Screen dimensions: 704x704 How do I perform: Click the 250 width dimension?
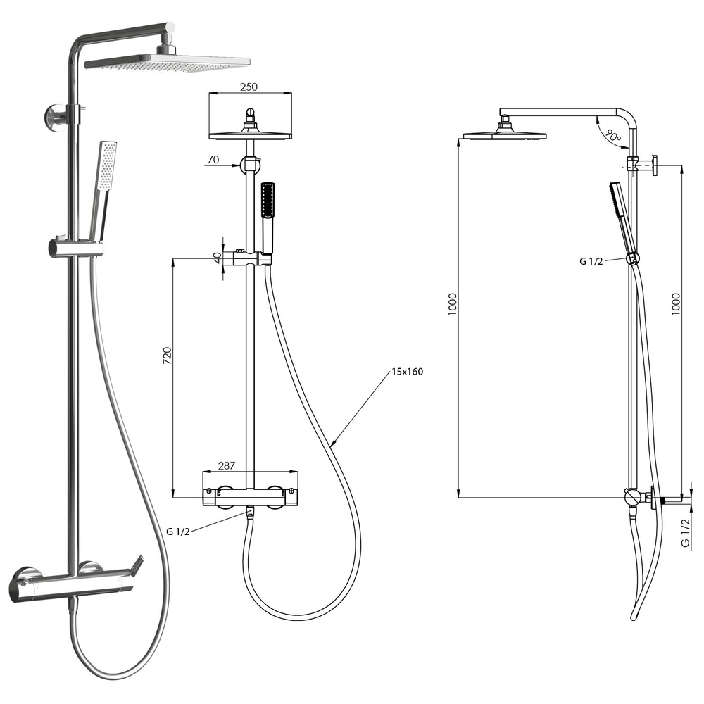point(249,87)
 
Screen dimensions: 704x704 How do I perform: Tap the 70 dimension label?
point(213,159)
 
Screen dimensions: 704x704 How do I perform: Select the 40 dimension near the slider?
point(218,258)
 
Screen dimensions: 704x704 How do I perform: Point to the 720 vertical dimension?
point(167,355)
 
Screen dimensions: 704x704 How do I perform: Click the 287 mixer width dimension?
point(227,465)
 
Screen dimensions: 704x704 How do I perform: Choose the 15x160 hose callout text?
point(407,372)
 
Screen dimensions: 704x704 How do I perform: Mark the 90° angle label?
point(612,134)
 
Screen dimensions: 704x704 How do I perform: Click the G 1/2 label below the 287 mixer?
point(178,532)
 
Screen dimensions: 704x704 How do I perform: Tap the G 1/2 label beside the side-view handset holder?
point(591,261)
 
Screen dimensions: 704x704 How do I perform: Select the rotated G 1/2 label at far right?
point(685,532)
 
